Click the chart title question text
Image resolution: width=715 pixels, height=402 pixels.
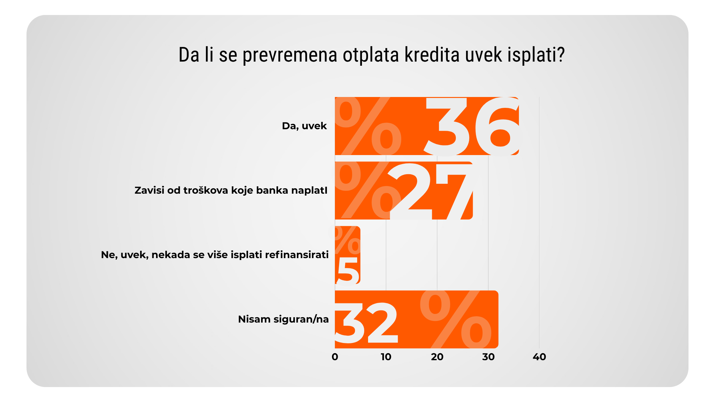coord(371,55)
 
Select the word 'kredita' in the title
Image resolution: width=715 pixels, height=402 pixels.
coord(432,55)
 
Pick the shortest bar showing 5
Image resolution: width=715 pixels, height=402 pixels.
coord(348,255)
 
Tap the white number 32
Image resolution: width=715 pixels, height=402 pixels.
coord(367,323)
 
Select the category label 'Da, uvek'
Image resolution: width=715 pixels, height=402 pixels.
coord(304,126)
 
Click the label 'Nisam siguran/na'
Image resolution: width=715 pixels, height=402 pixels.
coord(283,319)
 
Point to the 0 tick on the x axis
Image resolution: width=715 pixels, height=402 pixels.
coord(335,357)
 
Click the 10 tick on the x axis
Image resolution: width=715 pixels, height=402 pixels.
coord(386,357)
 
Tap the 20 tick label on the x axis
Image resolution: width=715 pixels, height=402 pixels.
coord(437,357)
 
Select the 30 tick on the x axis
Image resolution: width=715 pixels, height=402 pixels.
coord(488,357)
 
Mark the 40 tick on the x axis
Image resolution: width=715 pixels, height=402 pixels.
coord(539,357)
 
